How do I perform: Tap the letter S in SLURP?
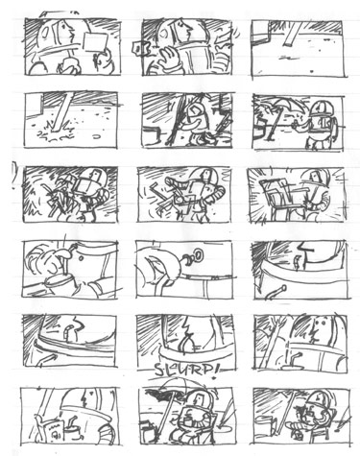[x=159, y=371]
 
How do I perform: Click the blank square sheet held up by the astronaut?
[x=94, y=42]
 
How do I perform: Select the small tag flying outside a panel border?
[x=137, y=48]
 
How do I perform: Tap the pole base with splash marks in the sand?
[x=57, y=132]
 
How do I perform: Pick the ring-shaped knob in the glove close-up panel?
[x=198, y=255]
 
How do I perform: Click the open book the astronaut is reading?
[x=50, y=429]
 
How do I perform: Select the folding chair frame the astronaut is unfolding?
[x=277, y=199]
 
